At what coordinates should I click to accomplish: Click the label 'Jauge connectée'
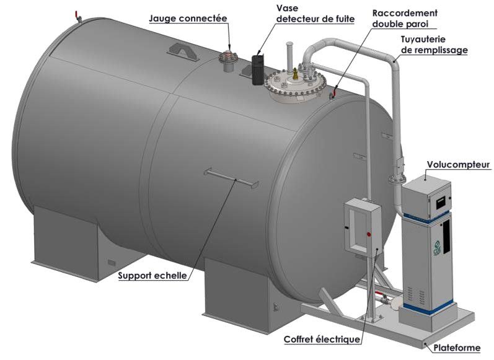(188, 19)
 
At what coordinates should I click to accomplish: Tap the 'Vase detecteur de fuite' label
(315, 14)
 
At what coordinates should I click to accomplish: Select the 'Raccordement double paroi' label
(405, 18)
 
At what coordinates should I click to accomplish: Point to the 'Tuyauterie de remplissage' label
(434, 45)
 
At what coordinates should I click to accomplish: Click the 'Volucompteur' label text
(459, 164)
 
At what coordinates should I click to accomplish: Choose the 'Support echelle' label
(152, 275)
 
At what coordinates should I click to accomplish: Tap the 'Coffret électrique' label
(322, 339)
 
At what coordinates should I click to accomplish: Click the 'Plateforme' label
(457, 348)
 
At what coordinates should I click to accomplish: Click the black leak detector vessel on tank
(258, 70)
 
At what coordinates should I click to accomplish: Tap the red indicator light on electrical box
(369, 234)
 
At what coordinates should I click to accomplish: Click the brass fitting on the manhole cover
(295, 74)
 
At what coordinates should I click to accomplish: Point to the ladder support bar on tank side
(232, 179)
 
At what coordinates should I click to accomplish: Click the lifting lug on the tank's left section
(183, 52)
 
